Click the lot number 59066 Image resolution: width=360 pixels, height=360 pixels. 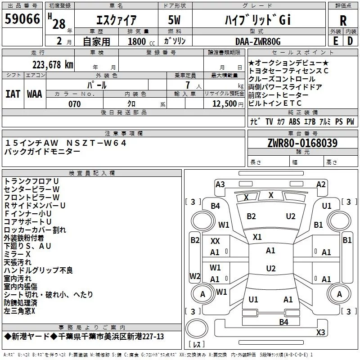22,19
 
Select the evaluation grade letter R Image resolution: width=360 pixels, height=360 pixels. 343,21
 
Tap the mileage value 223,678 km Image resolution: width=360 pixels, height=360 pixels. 53,65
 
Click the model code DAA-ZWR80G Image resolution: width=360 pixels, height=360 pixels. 258,41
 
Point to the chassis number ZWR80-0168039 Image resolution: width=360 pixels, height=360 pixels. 302,143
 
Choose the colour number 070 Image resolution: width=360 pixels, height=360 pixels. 75,104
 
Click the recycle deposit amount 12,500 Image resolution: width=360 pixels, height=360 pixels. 225,104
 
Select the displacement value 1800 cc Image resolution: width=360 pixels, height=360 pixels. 141,41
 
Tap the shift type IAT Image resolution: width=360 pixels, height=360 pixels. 13,94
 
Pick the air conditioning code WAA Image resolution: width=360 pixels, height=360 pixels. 35,94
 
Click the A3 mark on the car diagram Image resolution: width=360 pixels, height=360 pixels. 220,184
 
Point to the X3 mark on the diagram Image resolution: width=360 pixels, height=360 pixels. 320,332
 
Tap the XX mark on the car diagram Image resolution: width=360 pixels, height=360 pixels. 215,241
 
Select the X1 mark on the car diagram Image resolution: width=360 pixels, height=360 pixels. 257,237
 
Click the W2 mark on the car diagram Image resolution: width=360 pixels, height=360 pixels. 195,276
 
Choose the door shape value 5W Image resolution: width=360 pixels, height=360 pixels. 174,20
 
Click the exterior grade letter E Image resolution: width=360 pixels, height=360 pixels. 336,41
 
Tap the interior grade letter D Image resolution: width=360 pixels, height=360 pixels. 350,41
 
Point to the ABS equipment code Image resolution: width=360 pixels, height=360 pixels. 294,121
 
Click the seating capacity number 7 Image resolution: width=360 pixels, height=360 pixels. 188,85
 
